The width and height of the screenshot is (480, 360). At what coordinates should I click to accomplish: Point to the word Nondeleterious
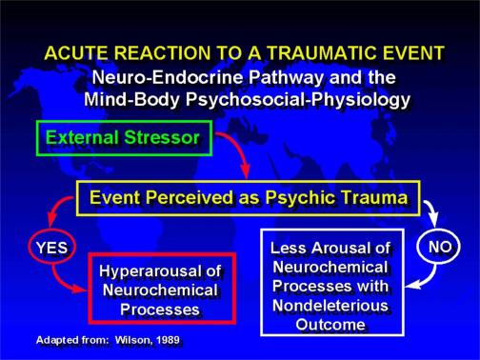[330, 306]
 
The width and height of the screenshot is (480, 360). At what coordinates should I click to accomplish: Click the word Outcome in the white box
[330, 325]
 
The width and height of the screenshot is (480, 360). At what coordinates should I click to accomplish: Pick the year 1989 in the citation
[168, 340]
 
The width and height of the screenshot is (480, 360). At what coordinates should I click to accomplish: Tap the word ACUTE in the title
[76, 52]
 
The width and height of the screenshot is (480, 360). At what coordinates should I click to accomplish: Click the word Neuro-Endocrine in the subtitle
[168, 77]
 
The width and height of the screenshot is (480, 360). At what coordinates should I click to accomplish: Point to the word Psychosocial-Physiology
[298, 99]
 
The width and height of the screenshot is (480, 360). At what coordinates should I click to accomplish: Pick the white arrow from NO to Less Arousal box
[429, 278]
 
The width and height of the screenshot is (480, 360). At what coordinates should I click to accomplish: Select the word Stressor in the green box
[162, 138]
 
